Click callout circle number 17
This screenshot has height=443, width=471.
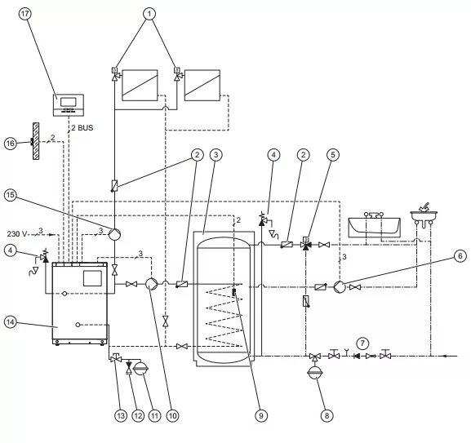[25, 14]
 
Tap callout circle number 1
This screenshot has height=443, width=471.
[149, 14]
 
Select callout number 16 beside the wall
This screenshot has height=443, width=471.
[11, 144]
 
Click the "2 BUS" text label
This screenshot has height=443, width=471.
[82, 128]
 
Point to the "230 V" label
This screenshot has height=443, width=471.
[17, 233]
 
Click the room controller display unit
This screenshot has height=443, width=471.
[69, 105]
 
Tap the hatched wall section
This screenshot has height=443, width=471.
[36, 141]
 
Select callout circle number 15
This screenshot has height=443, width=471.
[11, 195]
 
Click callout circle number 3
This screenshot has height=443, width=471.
[216, 155]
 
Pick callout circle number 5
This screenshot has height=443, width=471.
[333, 155]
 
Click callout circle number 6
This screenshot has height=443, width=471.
[460, 256]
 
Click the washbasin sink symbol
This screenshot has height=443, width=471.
[424, 215]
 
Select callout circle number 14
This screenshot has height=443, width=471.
[11, 322]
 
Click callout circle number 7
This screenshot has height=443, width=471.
[362, 343]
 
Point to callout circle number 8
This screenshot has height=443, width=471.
[327, 416]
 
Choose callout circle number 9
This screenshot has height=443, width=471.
[260, 416]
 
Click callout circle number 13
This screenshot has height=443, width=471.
[121, 416]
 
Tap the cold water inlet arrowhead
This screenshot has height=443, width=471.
[446, 357]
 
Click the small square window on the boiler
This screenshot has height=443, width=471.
[92, 278]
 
